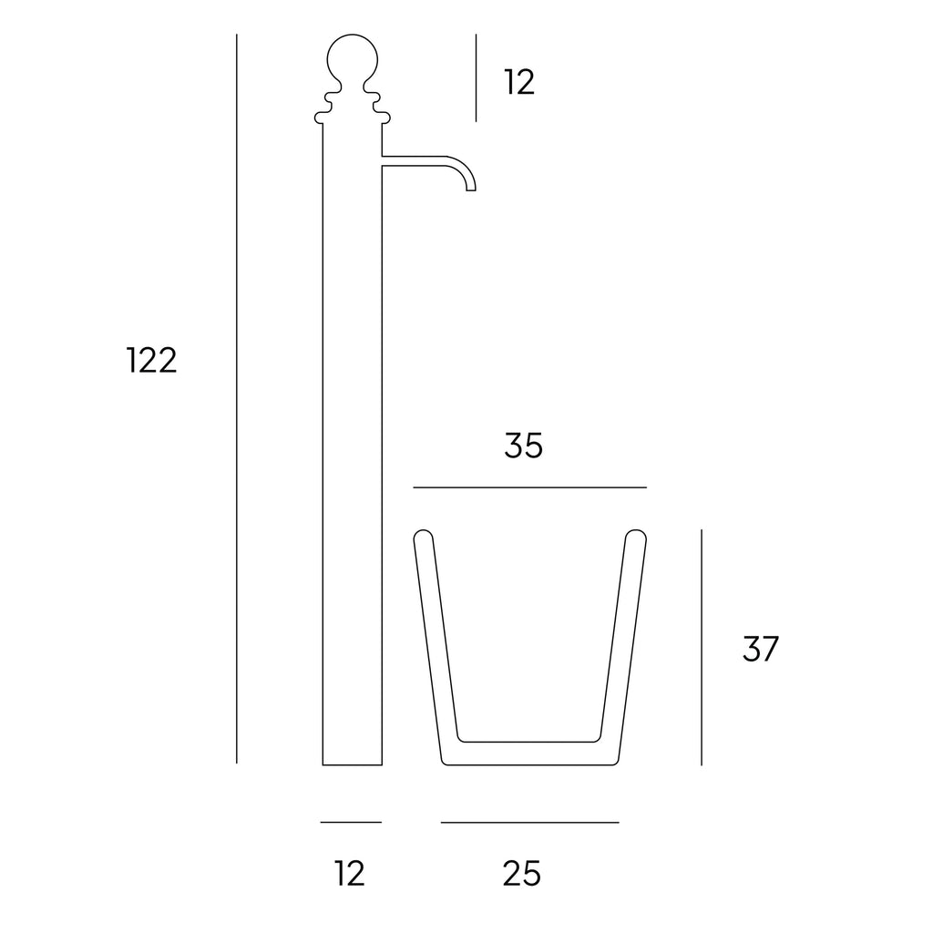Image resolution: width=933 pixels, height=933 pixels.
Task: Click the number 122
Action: point(151,362)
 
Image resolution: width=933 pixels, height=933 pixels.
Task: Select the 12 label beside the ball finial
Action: point(519,83)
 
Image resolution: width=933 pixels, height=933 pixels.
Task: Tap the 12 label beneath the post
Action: point(350,873)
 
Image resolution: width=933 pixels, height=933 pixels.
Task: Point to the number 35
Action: point(523,446)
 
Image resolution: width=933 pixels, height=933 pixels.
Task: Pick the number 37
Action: point(761,650)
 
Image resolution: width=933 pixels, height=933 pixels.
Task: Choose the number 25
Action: point(522,873)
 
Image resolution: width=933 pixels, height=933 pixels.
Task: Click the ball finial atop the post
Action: point(352,59)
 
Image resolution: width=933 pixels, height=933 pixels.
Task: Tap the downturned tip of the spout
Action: point(471,186)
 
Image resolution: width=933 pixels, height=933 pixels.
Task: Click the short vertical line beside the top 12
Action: point(476,77)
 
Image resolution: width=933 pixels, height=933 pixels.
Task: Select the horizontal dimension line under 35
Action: point(529,487)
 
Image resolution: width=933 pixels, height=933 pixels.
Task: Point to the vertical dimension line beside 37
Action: point(702,647)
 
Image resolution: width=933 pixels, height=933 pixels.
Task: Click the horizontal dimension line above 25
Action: point(529,822)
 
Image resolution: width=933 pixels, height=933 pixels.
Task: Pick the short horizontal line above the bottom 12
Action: point(351,822)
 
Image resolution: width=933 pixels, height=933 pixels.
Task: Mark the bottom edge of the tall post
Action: point(352,764)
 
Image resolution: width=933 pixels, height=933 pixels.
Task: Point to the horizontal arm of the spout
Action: point(419,161)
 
